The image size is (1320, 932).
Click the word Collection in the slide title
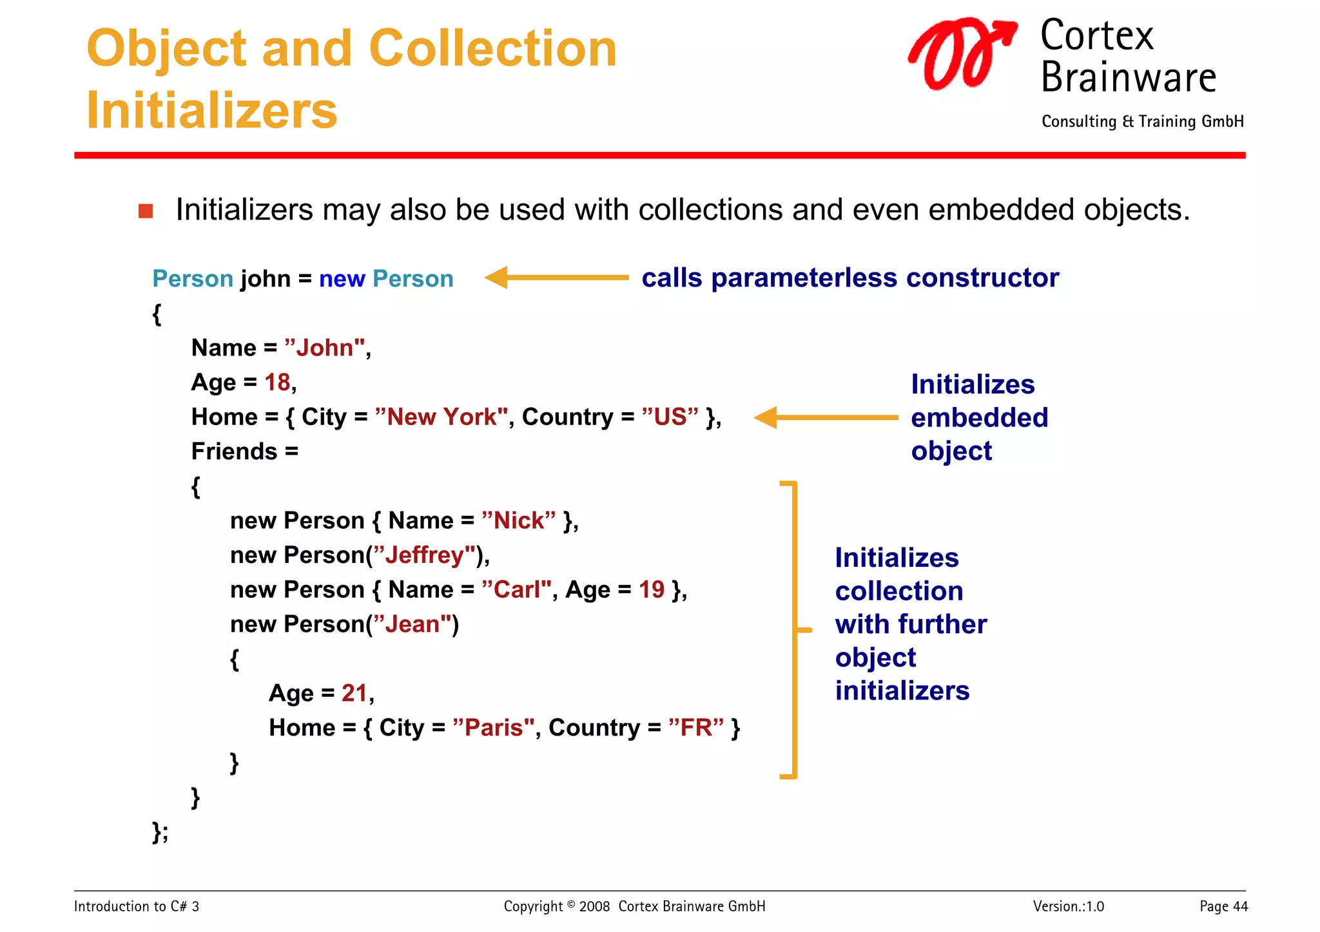coord(492,49)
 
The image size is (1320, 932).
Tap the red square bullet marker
coord(146,211)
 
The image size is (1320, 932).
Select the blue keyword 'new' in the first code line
coord(342,279)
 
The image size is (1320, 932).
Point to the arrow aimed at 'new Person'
coord(556,278)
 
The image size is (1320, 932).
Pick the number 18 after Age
coord(277,383)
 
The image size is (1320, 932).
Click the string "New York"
coord(442,417)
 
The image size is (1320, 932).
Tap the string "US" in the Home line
coord(670,417)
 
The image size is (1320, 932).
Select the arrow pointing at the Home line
coord(826,417)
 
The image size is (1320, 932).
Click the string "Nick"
coord(518,520)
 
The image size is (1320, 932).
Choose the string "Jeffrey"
coord(424,555)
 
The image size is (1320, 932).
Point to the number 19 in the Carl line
coord(651,590)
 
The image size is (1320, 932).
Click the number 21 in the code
coord(354,693)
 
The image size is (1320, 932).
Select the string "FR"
coord(695,728)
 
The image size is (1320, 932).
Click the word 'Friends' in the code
coord(234,452)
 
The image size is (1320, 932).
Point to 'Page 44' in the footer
coord(1223,906)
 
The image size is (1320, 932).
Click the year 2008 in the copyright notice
coord(594,907)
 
